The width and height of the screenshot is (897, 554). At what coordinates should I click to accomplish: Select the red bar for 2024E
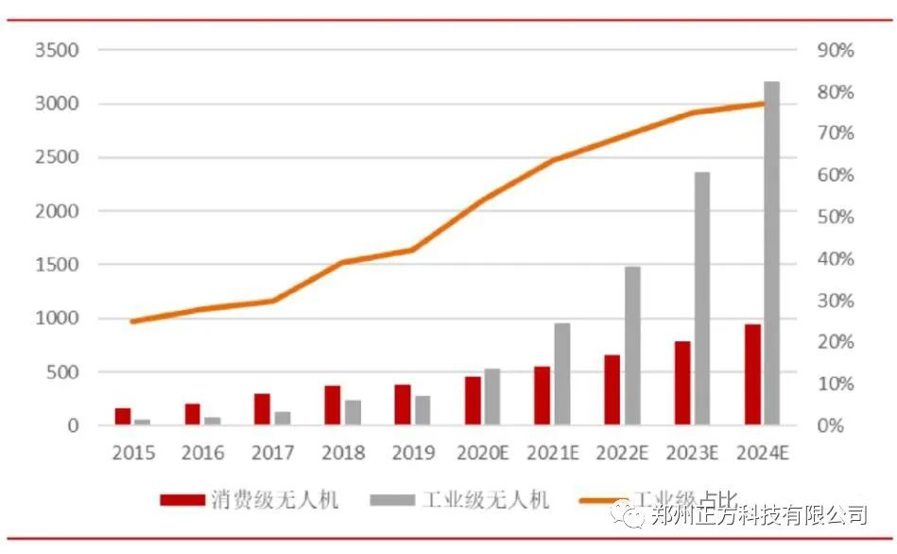(752, 374)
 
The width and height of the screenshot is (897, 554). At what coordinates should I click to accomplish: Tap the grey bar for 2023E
(702, 298)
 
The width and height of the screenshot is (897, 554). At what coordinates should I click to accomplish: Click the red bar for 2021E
(543, 395)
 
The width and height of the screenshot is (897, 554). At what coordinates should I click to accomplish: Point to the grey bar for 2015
(143, 422)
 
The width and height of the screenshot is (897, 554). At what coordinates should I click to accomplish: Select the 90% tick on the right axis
(835, 50)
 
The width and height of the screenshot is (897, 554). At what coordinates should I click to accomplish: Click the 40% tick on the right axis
(835, 259)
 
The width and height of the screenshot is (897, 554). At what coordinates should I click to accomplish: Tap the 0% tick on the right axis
(835, 425)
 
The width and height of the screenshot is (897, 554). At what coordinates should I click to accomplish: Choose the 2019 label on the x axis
(412, 453)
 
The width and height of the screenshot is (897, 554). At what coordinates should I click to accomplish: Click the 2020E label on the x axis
(482, 453)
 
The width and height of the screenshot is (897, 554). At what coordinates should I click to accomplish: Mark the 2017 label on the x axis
(272, 453)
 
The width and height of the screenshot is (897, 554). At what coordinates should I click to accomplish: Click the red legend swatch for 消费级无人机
(182, 499)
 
